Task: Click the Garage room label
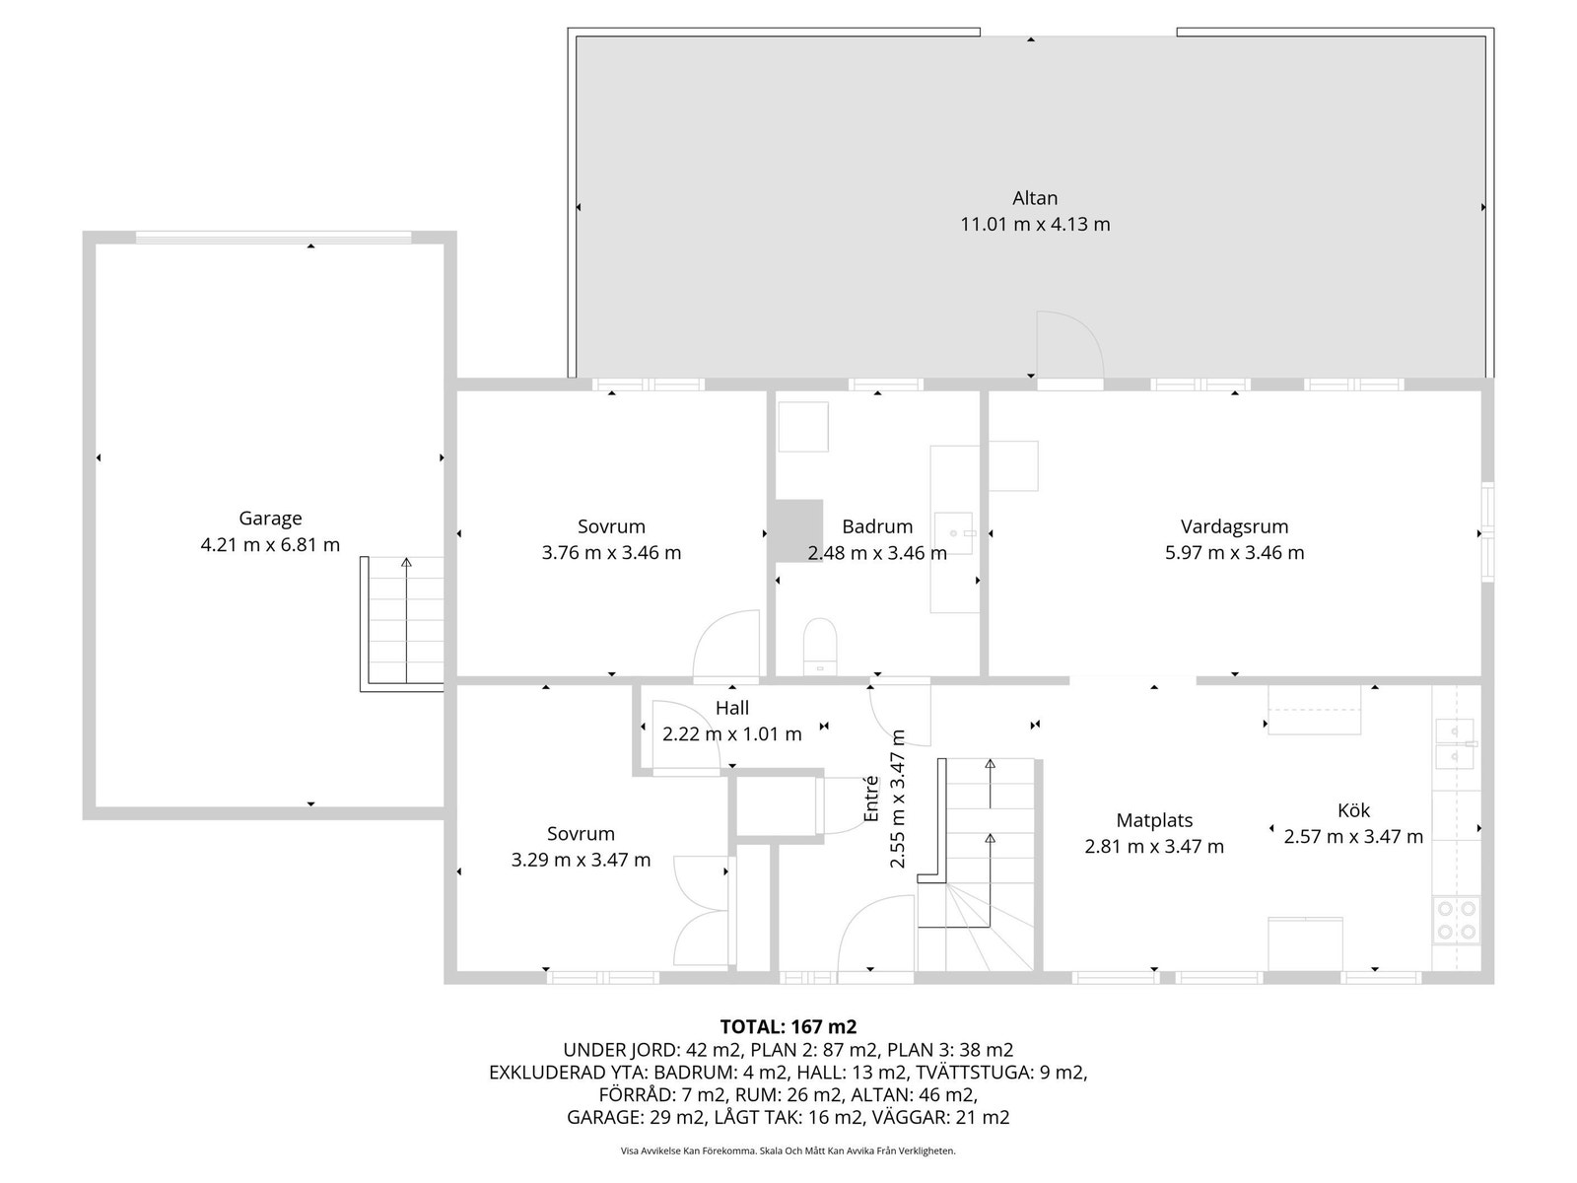coord(270,518)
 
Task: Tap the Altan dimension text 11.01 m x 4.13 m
coord(1035,224)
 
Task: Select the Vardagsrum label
coord(1234,526)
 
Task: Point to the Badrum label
coord(877,526)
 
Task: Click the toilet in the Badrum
coord(820,647)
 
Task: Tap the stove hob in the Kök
coord(1457,920)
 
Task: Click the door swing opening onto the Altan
coord(1069,345)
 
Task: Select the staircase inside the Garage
coord(402,623)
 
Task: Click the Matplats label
coord(1154,820)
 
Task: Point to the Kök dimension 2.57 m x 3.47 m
coord(1353,837)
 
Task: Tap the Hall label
coord(732,708)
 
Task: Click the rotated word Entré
coord(870,799)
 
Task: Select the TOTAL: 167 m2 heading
coord(788,1026)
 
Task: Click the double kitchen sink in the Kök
coord(1455,743)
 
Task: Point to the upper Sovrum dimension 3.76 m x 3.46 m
coord(611,553)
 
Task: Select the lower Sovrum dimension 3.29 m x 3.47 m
coord(581,860)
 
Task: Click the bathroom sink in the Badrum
coord(953,533)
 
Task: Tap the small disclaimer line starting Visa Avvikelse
coord(788,1150)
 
